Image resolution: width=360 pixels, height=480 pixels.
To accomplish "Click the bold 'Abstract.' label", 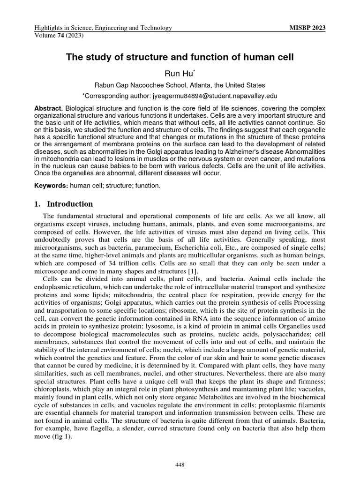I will click(x=48, y=108).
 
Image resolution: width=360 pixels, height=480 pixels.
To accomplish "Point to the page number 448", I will click(x=180, y=465).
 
